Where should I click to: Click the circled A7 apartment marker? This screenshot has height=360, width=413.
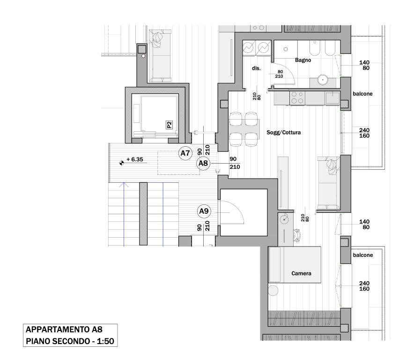point(185,153)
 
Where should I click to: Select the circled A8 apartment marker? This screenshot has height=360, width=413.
point(203,164)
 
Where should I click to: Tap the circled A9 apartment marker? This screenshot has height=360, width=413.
point(204,211)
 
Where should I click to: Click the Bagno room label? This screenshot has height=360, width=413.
point(303,60)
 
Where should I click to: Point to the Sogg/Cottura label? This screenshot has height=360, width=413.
point(284,132)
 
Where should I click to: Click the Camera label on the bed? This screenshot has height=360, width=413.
point(302,273)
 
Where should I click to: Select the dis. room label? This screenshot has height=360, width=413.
point(256,68)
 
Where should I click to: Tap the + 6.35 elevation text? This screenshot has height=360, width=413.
point(134,159)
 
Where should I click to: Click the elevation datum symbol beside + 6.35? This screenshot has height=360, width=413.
point(121,163)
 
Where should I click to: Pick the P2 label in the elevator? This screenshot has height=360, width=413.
point(170,125)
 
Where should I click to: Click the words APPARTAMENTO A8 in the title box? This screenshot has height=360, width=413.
point(64,330)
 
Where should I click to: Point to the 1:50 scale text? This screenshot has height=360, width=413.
point(105,341)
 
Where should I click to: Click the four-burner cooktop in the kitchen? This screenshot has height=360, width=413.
point(297,97)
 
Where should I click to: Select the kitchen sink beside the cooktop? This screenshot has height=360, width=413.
point(332,98)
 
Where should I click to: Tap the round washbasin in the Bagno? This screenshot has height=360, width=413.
point(322,79)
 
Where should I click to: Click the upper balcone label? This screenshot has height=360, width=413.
point(363,94)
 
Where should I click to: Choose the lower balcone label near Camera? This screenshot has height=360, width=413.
point(363,255)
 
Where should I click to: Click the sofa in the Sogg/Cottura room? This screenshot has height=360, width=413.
point(329,183)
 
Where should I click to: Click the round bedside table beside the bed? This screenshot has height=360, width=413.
point(273,290)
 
